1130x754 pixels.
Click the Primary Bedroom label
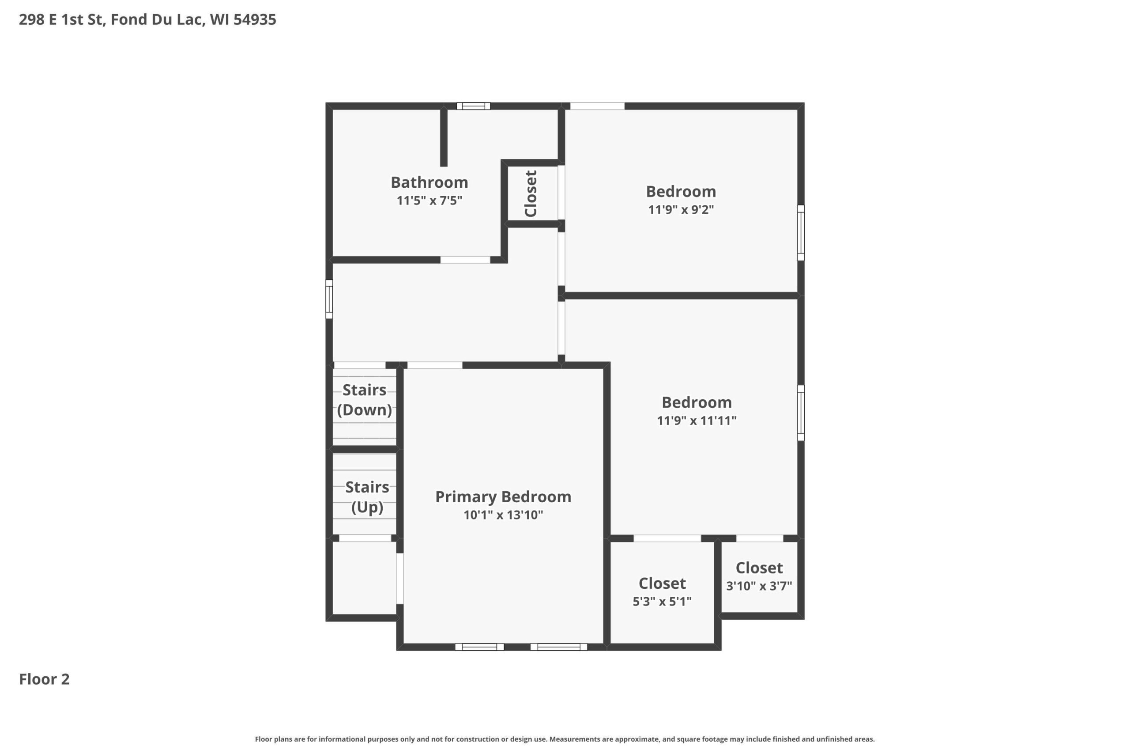pos(503,497)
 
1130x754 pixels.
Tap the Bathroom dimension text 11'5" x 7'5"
pos(429,201)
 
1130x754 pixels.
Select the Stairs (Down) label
pos(365,400)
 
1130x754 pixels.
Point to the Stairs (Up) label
pos(367,497)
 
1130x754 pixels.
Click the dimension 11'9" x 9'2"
pos(681,210)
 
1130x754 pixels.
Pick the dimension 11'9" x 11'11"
pos(697,421)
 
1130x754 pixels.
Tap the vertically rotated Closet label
pos(531,194)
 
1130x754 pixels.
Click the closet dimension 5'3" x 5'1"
pos(662,602)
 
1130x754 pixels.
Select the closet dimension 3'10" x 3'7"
pos(759,586)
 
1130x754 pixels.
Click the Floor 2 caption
pos(44,679)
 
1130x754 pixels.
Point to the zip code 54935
pos(255,20)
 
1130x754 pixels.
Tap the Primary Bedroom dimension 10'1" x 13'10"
pos(503,515)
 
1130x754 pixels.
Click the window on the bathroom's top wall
pos(473,106)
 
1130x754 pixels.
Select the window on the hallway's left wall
pos(329,299)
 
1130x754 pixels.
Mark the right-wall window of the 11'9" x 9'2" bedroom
pos(801,233)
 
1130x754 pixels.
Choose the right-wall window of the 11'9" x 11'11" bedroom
pos(801,413)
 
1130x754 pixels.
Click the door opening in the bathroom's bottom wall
pos(465,260)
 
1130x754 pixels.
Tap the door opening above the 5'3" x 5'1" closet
pos(667,538)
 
